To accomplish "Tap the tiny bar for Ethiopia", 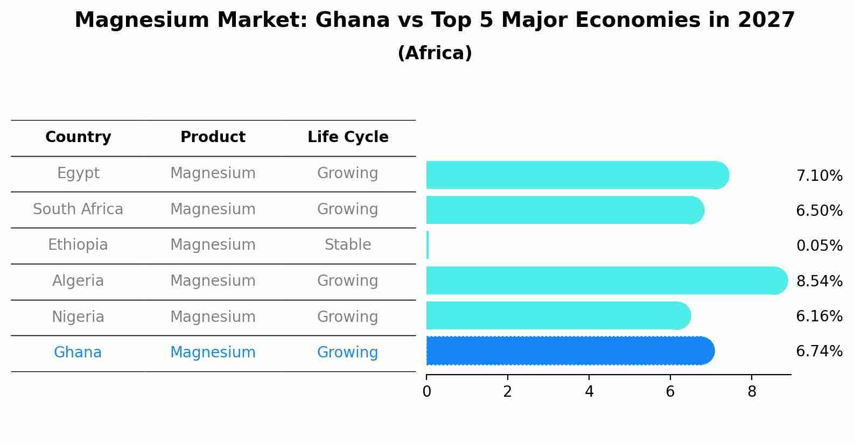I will click(x=428, y=245).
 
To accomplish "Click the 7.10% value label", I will click(x=819, y=176).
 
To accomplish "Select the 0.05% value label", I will click(x=819, y=246).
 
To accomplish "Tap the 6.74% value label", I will click(x=819, y=351).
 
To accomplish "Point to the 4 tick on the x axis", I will click(x=589, y=392).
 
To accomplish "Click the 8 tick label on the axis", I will click(x=752, y=392).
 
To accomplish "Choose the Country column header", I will click(x=78, y=137).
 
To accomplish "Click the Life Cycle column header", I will click(x=348, y=137).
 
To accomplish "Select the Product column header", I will click(x=213, y=137).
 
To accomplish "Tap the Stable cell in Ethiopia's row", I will click(x=348, y=245).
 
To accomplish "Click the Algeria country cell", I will click(x=78, y=281).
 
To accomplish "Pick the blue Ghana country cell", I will click(x=78, y=353).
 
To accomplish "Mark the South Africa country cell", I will click(x=78, y=209).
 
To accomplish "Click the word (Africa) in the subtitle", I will click(x=435, y=53).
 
